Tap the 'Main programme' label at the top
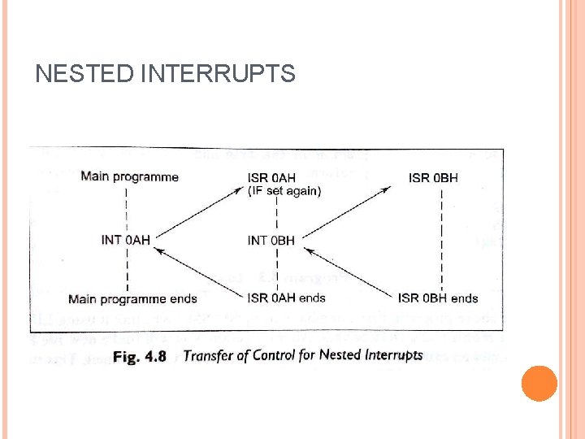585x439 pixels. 129,176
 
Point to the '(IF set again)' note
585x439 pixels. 284,191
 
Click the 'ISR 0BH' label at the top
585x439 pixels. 433,177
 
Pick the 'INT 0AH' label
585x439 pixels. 127,239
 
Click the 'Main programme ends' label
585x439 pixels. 132,298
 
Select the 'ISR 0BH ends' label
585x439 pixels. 438,298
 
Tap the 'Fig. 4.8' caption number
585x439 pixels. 140,355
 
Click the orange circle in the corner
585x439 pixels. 538,383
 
